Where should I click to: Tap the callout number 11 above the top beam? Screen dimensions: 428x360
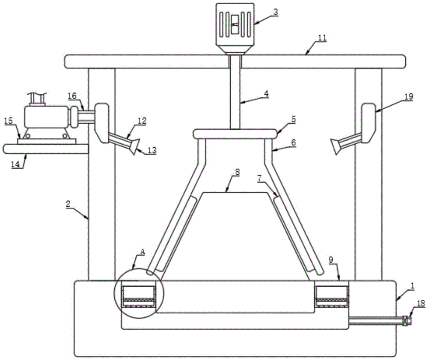point(322,38)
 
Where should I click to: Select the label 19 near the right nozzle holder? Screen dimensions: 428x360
point(409,96)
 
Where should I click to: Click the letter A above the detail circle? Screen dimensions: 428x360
point(142,252)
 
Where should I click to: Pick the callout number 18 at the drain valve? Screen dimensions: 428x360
point(421,303)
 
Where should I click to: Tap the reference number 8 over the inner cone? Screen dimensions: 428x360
point(237,172)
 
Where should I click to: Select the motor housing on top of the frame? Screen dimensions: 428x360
point(235,28)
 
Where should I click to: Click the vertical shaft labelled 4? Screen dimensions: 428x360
point(235,92)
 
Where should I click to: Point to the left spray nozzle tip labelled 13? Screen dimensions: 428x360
point(134,146)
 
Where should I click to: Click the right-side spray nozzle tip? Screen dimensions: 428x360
point(336,146)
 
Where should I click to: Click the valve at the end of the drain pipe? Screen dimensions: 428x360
point(407,320)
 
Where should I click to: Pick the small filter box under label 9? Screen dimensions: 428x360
point(332,297)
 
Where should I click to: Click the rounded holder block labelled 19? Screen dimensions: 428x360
point(368,123)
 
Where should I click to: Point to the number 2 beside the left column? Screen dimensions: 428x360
point(68,204)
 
